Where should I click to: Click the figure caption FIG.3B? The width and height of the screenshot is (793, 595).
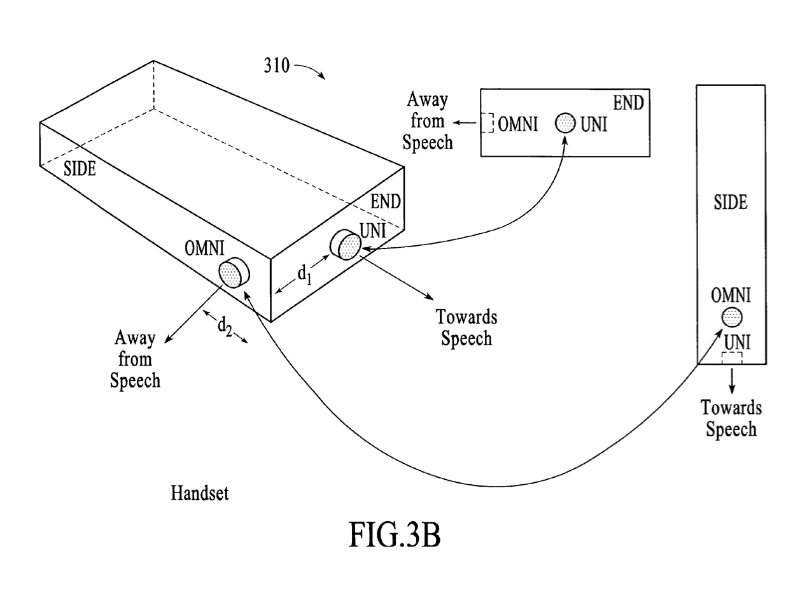(395, 535)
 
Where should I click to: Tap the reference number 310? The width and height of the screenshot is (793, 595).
(277, 66)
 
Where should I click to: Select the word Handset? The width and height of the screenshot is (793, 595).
(199, 492)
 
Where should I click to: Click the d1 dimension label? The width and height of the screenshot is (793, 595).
(304, 275)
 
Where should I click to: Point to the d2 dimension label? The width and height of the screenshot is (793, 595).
(225, 327)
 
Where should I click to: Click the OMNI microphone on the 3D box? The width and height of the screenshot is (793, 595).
(234, 274)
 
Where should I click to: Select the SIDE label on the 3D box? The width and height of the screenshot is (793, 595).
(80, 169)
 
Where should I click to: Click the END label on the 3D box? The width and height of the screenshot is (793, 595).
(386, 202)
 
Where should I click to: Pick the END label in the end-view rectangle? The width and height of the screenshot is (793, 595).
(629, 102)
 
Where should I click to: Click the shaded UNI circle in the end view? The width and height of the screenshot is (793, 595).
(565, 123)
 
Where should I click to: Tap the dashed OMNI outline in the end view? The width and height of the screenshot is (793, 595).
(488, 123)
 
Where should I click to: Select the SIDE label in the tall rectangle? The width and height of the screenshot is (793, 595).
(730, 202)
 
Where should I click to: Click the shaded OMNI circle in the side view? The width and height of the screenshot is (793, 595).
(732, 317)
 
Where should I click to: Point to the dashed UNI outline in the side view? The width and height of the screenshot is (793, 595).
(732, 358)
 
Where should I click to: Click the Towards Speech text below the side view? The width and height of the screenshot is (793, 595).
(731, 418)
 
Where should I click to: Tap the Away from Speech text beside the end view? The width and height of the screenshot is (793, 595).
(428, 121)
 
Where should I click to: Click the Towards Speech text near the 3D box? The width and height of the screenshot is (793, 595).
(467, 327)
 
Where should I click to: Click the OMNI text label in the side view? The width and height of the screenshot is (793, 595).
(731, 295)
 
